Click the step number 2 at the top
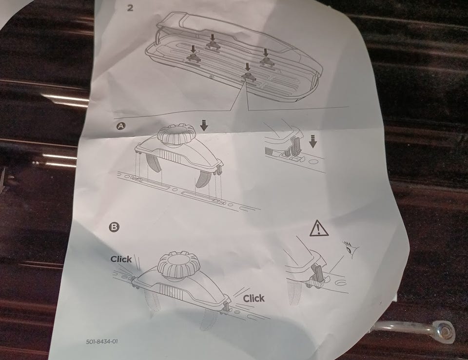pyautogui.click(x=130, y=8)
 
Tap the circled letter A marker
pyautogui.click(x=120, y=126)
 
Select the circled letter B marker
pyautogui.click(x=114, y=227)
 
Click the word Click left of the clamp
pyautogui.click(x=121, y=259)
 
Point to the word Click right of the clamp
pyautogui.click(x=253, y=298)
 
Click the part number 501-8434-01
pyautogui.click(x=102, y=341)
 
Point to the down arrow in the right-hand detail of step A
pyautogui.click(x=312, y=141)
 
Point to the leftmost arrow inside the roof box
pyautogui.click(x=194, y=49)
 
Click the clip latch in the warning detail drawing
pyautogui.click(x=317, y=273)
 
